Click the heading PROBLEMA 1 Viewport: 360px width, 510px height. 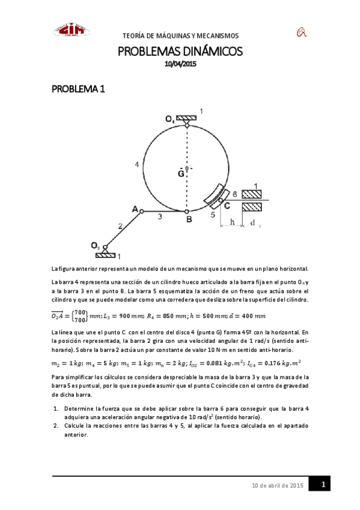click(x=78, y=89)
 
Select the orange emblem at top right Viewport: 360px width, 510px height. click(x=301, y=31)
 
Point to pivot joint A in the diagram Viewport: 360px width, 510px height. click(x=141, y=210)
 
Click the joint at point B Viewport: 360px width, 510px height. click(x=187, y=211)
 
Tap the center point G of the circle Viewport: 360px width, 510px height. click(x=187, y=168)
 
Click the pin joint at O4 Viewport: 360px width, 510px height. click(x=187, y=125)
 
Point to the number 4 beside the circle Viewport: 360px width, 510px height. click(x=138, y=164)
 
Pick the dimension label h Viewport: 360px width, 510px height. click(x=232, y=223)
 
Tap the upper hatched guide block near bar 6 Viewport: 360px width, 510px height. click(x=252, y=194)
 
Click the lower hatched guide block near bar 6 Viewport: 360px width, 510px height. click(x=252, y=206)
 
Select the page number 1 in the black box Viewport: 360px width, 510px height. click(x=322, y=484)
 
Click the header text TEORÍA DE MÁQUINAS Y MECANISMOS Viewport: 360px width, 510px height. click(x=180, y=35)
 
